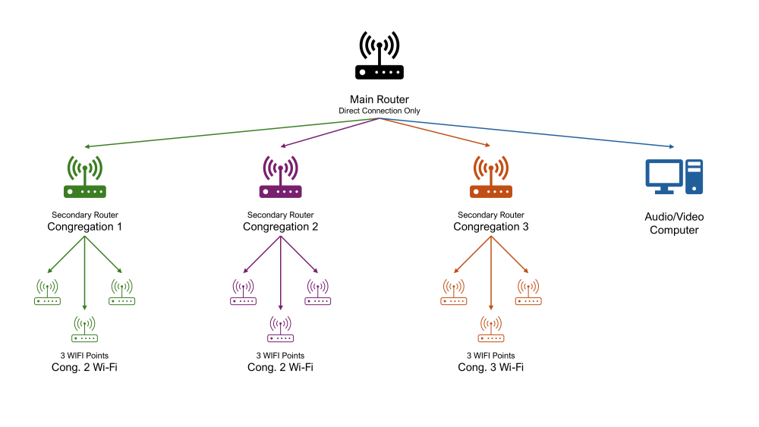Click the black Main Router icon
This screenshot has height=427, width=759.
(379, 57)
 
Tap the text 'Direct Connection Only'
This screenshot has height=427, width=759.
(379, 111)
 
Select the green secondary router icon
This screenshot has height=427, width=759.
(85, 177)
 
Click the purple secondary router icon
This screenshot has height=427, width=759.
(280, 177)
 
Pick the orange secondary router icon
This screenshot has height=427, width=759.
(491, 177)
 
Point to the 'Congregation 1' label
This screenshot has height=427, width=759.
(85, 227)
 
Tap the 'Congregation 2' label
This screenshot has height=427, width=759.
(280, 227)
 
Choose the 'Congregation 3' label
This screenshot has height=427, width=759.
(491, 227)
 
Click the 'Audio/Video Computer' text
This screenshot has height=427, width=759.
(674, 223)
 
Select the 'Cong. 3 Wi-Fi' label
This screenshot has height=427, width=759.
(491, 367)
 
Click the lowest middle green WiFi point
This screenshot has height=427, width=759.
(85, 330)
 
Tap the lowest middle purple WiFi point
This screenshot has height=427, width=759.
(280, 330)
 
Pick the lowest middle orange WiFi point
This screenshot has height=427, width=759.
(491, 330)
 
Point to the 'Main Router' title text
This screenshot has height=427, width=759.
(379, 99)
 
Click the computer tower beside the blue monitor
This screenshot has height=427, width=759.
(694, 176)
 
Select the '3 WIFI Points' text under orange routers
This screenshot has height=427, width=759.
(491, 356)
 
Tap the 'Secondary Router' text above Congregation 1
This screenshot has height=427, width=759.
(85, 215)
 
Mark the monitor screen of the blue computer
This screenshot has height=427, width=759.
(663, 172)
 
